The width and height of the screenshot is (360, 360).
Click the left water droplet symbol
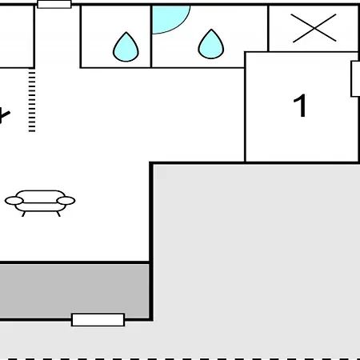[126, 47]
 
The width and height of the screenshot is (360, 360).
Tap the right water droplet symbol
[211, 44]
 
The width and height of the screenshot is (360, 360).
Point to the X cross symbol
[314, 28]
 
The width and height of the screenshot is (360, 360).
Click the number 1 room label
[300, 106]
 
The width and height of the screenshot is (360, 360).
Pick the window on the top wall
[54, 4]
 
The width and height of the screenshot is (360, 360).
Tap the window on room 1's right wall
[355, 79]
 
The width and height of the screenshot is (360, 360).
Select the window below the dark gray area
[98, 320]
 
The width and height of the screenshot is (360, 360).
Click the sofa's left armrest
[14, 201]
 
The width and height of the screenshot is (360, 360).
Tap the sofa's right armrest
[66, 201]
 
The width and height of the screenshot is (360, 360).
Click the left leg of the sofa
[23, 214]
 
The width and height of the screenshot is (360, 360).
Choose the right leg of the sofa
[58, 214]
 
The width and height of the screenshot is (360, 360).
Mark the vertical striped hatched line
[32, 100]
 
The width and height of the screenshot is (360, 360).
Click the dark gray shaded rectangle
[74, 290]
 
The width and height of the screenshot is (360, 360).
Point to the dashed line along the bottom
[180, 358]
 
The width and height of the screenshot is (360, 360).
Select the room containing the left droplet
[115, 37]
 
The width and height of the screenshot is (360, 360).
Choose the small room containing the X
[314, 28]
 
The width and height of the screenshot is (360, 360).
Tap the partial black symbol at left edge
[5, 116]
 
